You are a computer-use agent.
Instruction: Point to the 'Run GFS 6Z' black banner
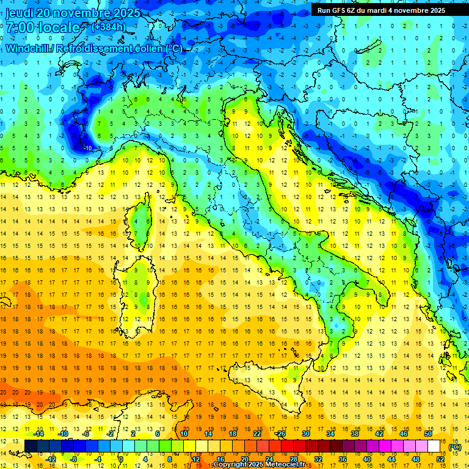(x=381, y=10)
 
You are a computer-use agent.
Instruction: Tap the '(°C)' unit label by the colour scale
(x=455, y=446)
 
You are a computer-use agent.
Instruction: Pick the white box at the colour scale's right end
(x=434, y=446)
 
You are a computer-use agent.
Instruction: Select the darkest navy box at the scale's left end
(x=31, y=446)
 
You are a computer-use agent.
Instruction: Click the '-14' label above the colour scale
(x=38, y=434)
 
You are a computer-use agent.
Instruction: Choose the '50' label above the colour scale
(x=429, y=434)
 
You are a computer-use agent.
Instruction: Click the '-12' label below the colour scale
(x=51, y=459)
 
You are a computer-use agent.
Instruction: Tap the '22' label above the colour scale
(x=258, y=434)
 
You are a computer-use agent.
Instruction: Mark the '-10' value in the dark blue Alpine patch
(x=88, y=148)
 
